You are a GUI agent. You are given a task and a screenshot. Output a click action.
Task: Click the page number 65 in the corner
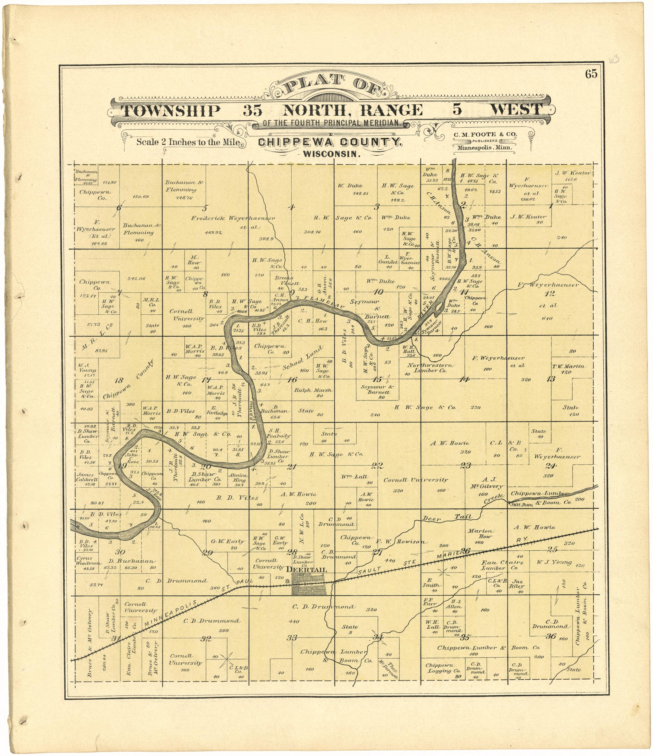[x=591, y=74]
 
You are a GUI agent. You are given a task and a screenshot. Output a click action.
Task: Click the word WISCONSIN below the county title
[x=332, y=154]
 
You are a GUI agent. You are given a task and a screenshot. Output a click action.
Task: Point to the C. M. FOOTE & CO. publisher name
[x=485, y=134]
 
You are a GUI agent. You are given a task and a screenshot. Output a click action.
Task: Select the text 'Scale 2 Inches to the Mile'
[x=188, y=142]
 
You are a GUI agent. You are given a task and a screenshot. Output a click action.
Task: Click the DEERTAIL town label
[x=306, y=570]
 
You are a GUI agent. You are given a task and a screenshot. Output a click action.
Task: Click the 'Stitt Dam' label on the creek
[x=521, y=505]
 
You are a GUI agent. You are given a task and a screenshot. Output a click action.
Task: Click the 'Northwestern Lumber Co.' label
[x=431, y=368]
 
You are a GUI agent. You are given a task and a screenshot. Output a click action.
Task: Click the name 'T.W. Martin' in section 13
[x=568, y=368]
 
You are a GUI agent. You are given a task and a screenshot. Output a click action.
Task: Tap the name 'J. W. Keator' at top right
[x=573, y=173]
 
